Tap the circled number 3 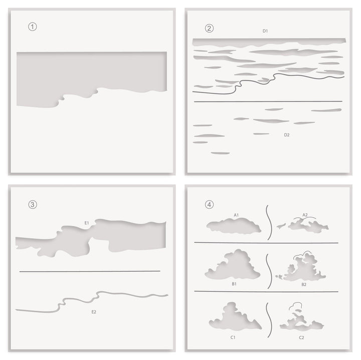click(33, 204)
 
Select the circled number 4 click(209, 204)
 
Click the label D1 click(265, 31)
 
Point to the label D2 click(287, 135)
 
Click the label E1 click(87, 222)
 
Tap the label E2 click(94, 312)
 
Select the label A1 click(236, 215)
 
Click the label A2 click(304, 215)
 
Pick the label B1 click(234, 284)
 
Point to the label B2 click(304, 284)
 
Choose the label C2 click(301, 337)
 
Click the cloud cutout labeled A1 click(234, 227)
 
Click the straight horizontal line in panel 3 click(90, 271)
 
